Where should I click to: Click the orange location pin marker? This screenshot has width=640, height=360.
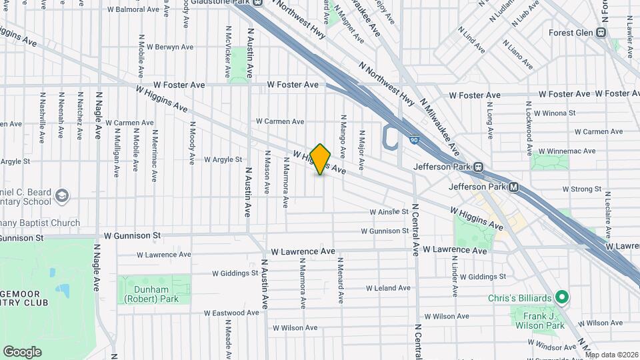click(x=321, y=159)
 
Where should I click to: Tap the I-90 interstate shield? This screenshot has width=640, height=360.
click(x=414, y=141)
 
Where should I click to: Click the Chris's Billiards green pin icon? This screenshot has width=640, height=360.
click(x=562, y=297)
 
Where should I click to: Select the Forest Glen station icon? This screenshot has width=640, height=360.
click(x=601, y=32)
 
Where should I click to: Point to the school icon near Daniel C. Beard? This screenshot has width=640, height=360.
click(x=61, y=196)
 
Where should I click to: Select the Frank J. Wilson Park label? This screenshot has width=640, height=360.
click(x=539, y=320)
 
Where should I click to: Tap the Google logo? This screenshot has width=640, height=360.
click(x=22, y=352)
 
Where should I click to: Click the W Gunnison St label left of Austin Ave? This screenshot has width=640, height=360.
click(x=133, y=235)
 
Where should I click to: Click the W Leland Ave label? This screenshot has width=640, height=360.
click(x=387, y=288)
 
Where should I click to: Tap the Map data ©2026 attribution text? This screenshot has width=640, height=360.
click(x=611, y=355)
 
